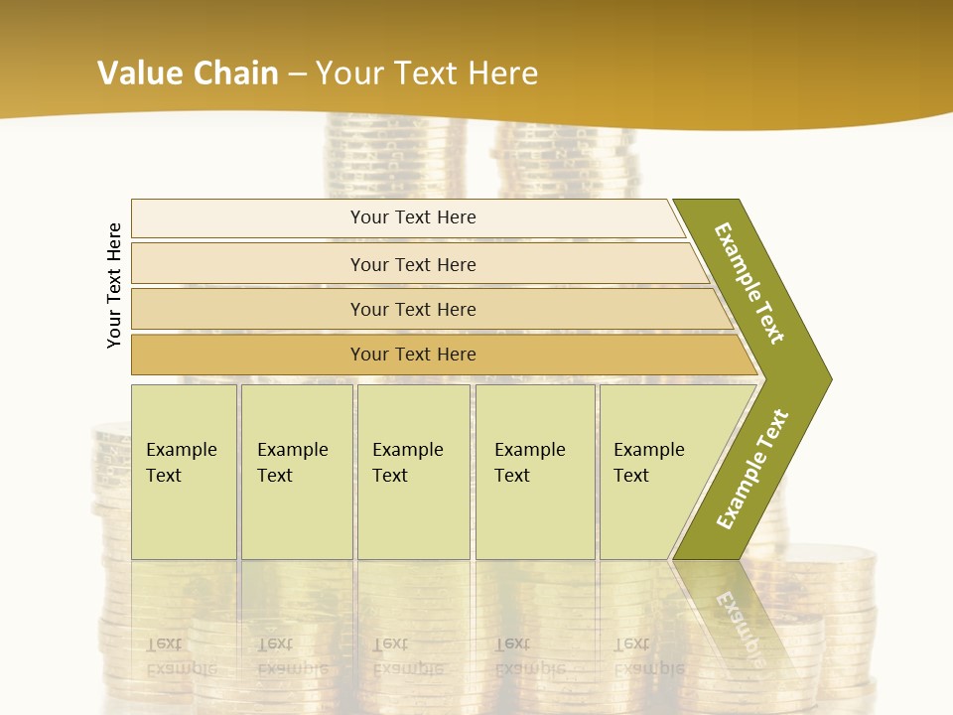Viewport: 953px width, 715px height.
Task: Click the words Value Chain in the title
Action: coord(188,73)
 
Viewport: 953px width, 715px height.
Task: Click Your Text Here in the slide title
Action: coord(427,73)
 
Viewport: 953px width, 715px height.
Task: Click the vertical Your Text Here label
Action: coord(115,285)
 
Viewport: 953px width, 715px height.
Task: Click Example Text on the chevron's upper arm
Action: coord(749,283)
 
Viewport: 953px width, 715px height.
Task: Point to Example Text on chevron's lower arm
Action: coord(752,470)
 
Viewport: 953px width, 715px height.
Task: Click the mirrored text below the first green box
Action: coord(181,656)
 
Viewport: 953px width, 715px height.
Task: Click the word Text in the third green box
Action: coord(390,476)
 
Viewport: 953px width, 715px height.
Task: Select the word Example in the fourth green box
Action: coord(530,450)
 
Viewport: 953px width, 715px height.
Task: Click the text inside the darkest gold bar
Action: coord(413,355)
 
